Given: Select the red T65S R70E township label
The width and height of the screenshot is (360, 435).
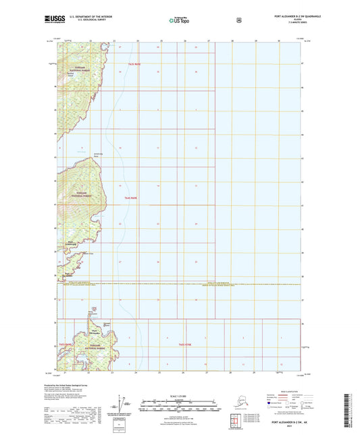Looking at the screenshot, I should pos(185,344).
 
